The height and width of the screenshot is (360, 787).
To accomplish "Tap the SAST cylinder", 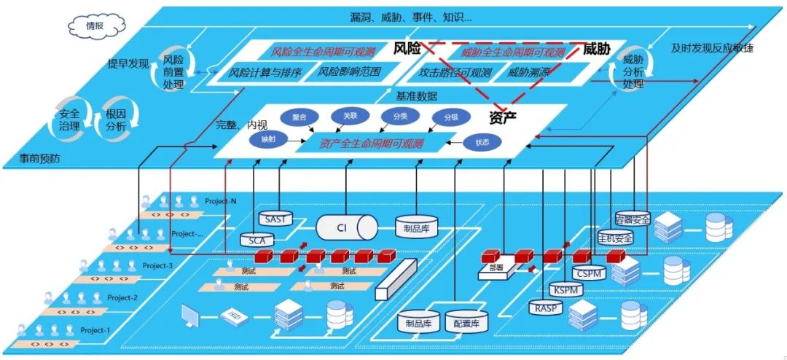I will pyautogui.click(x=276, y=219).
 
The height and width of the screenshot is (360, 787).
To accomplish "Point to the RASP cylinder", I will pyautogui.click(x=547, y=308).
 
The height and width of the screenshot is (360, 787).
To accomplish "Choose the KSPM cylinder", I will pyautogui.click(x=566, y=289).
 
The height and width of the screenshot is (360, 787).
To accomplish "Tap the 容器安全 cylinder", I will pyautogui.click(x=632, y=218).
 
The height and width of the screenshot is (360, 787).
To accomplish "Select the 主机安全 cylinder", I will pyautogui.click(x=614, y=237).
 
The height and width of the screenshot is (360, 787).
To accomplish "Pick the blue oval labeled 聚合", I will pyautogui.click(x=299, y=117).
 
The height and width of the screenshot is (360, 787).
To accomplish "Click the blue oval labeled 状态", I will pyautogui.click(x=482, y=143).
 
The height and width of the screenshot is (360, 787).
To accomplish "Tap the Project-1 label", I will pyautogui.click(x=95, y=329).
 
